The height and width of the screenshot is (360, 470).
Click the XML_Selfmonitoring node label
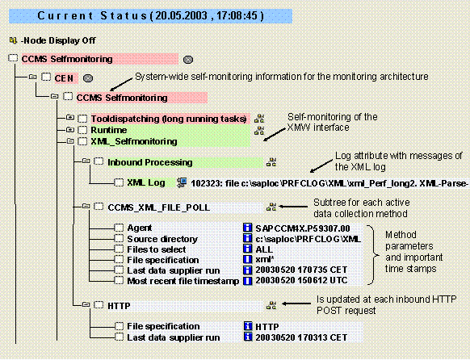[133, 140]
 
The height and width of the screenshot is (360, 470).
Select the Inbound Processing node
[149, 162]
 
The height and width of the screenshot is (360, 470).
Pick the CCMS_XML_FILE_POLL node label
[158, 207]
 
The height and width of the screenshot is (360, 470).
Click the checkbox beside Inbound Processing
[97, 162]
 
